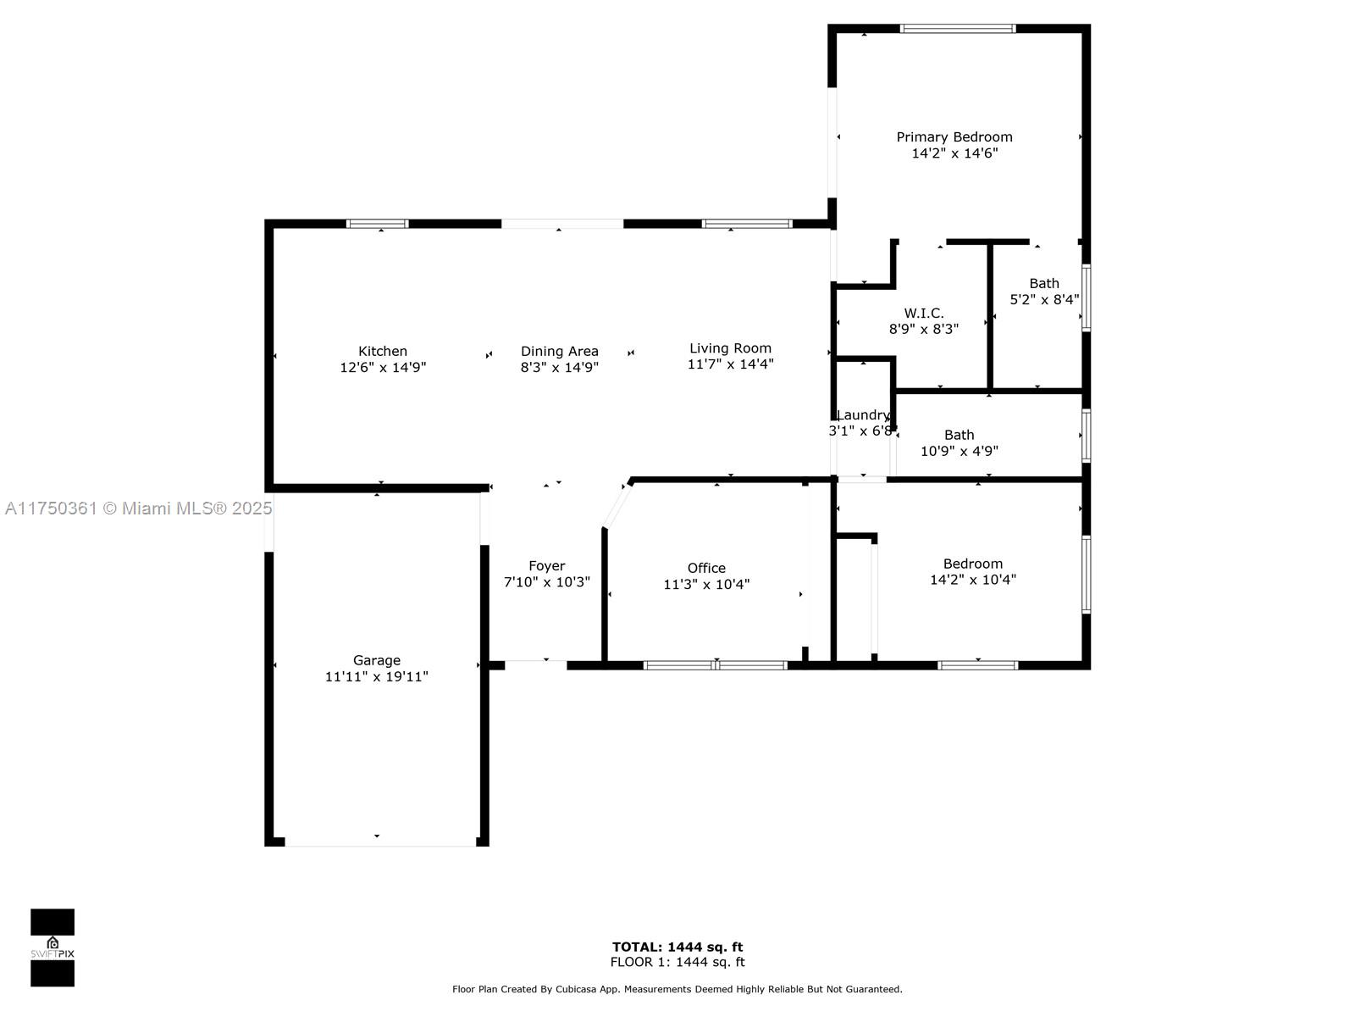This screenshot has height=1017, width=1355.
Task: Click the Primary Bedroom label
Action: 954,137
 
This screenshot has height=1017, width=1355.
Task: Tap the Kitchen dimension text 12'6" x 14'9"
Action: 383,368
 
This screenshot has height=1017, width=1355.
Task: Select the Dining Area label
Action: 559,352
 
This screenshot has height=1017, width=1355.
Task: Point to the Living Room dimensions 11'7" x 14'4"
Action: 730,364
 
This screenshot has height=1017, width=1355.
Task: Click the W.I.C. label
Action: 923,313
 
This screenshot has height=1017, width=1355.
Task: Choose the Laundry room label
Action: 863,415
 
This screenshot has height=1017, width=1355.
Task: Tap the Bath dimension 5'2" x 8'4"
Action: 1044,299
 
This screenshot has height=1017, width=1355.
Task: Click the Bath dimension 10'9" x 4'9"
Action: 959,452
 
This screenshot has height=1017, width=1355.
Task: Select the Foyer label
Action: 547,566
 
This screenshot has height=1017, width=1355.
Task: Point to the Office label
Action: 706,568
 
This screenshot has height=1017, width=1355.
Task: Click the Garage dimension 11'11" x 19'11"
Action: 377,677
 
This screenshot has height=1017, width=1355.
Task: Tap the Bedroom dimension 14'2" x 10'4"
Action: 973,580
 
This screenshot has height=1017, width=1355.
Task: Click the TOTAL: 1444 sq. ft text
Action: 677,947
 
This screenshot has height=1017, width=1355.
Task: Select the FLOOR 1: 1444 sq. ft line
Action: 677,962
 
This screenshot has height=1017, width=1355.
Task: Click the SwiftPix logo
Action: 53,948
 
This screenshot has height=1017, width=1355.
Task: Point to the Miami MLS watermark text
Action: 138,508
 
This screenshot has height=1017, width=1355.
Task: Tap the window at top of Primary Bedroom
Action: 958,29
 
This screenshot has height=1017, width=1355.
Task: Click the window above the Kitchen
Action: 377,224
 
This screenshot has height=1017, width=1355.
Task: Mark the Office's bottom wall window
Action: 716,665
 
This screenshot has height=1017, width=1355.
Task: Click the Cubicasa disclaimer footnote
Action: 677,989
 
